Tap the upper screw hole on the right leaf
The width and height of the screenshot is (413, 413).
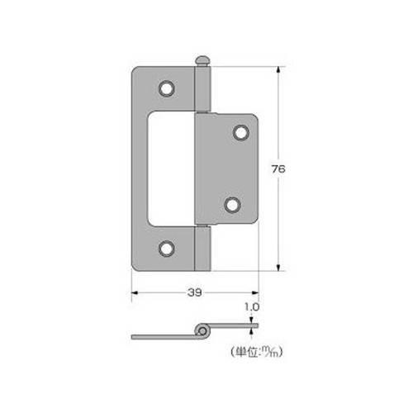tap(241, 131)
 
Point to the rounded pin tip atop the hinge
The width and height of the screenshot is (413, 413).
tap(202, 61)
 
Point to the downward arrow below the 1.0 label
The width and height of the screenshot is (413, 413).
tap(252, 323)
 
